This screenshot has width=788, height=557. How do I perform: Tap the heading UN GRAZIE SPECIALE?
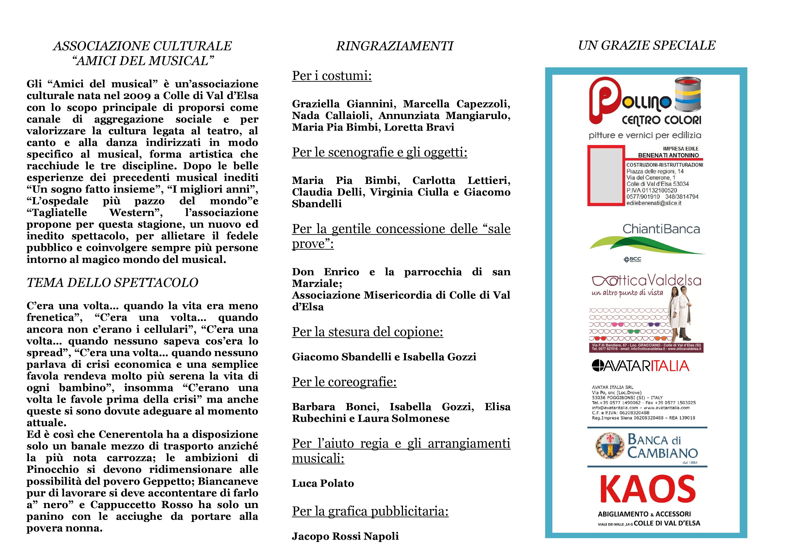[x=647, y=46]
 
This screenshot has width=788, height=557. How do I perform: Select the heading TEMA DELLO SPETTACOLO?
[x=113, y=283]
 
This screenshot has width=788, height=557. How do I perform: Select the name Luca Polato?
[x=323, y=484]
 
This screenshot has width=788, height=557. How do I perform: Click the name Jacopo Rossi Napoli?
[x=345, y=536]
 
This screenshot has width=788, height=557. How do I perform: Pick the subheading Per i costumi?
[x=332, y=76]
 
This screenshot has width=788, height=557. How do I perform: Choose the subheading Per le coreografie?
[x=344, y=382]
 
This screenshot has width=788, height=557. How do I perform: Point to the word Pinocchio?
[x=53, y=469]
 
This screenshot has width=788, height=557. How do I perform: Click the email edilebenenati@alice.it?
[x=654, y=203]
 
